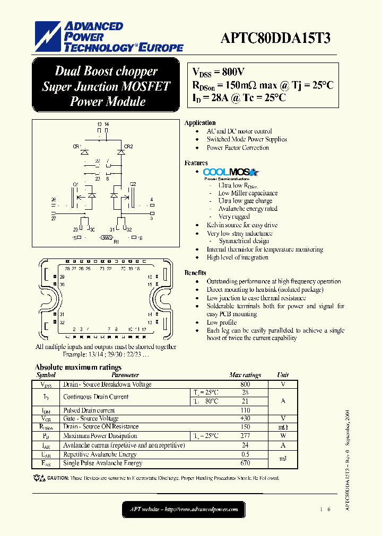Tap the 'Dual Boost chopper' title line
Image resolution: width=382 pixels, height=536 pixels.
[106, 72]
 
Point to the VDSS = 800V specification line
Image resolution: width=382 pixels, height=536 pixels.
[218, 73]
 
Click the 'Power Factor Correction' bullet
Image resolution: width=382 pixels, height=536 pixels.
[238, 148]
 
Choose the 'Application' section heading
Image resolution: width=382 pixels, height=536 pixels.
[200, 123]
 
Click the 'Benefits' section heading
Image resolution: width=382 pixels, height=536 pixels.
[195, 273]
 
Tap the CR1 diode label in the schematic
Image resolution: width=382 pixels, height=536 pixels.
[76, 146]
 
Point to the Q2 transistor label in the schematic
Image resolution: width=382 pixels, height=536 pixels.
[133, 184]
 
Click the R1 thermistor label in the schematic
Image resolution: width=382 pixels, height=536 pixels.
[116, 242]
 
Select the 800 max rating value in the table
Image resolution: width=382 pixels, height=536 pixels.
[245, 385]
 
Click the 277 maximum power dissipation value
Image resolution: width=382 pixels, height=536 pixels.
[245, 436]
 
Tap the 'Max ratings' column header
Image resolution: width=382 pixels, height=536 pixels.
[245, 375]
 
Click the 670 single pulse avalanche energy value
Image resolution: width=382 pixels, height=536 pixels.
[245, 463]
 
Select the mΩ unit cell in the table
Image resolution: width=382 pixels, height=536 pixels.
[283, 427]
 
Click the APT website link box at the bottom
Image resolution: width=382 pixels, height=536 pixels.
[184, 510]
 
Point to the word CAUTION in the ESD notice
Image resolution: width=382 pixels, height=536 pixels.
[58, 478]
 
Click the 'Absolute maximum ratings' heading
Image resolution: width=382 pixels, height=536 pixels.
[78, 367]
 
